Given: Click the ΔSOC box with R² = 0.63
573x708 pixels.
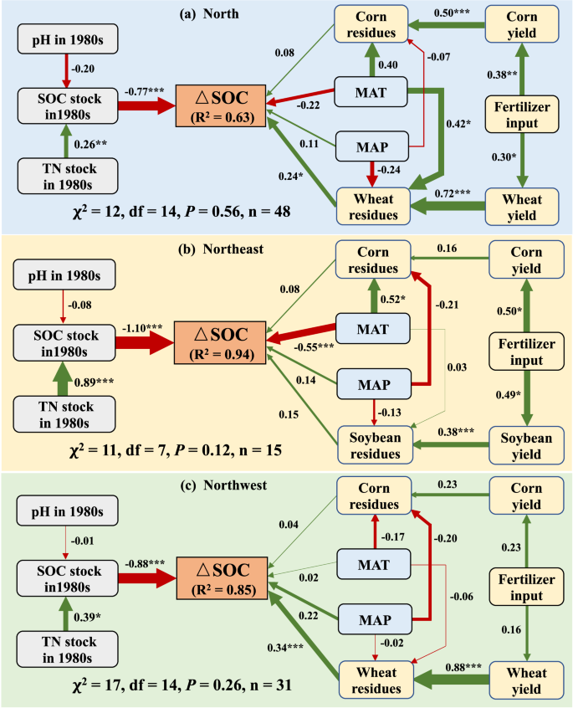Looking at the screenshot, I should pyautogui.click(x=223, y=104).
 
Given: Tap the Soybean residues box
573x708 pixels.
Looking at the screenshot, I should pyautogui.click(x=375, y=445).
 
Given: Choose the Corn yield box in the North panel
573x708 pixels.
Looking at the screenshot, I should pyautogui.click(x=525, y=25).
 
